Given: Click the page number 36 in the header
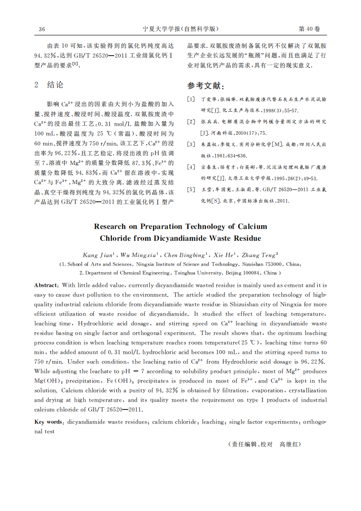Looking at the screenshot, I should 42,29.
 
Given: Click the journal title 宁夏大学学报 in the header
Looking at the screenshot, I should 162,29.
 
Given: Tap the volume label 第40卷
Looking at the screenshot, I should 309,29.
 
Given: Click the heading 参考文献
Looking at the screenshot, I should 206,86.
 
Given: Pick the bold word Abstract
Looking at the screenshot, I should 46,285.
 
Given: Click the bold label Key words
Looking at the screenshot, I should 48,422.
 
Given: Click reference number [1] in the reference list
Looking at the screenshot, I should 191,99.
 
